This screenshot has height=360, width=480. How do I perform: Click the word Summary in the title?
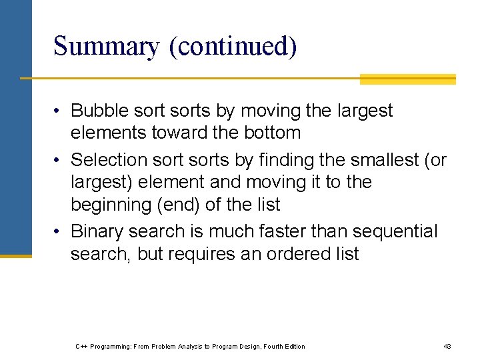click(x=106, y=47)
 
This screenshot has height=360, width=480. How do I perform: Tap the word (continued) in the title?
click(x=233, y=47)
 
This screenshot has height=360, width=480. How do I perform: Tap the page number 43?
click(x=447, y=346)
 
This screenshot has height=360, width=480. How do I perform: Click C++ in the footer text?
click(x=81, y=346)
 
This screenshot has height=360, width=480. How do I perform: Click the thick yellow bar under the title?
click(x=407, y=79)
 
